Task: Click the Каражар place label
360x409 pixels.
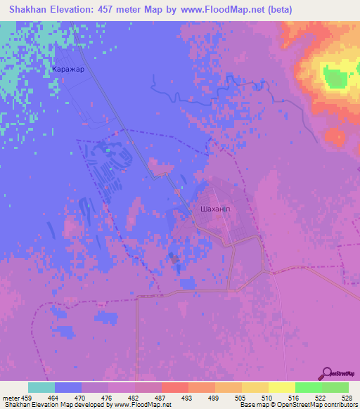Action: click(x=67, y=70)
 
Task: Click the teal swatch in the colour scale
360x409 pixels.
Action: click(x=41, y=387)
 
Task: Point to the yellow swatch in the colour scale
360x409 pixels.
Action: click(x=281, y=387)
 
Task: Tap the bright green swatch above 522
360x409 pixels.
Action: click(x=308, y=387)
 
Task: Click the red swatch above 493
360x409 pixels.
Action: click(x=174, y=387)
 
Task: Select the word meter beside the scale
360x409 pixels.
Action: click(x=13, y=397)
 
